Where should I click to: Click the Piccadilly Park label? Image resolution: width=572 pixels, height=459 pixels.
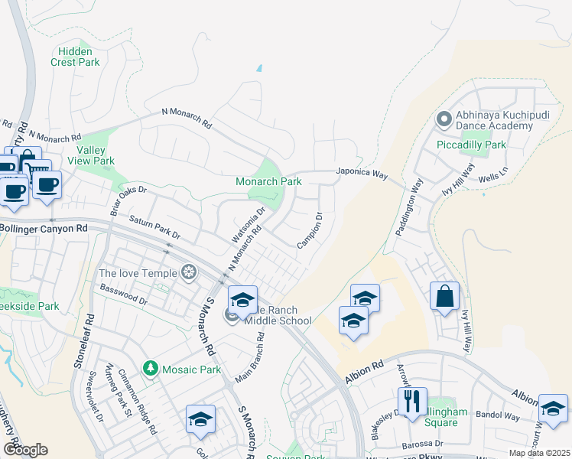[471, 145]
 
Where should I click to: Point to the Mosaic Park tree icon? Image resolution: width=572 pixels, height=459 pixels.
[151, 369]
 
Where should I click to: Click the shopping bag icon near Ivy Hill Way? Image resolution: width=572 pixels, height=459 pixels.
[444, 296]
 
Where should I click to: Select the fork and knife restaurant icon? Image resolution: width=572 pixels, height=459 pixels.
[411, 401]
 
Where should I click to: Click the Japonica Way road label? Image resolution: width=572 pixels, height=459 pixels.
[362, 174]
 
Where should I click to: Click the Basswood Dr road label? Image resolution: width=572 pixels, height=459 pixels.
[122, 293]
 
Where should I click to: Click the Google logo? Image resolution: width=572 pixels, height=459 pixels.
[25, 449]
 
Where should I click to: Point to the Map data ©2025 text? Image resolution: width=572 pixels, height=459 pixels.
[538, 453]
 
